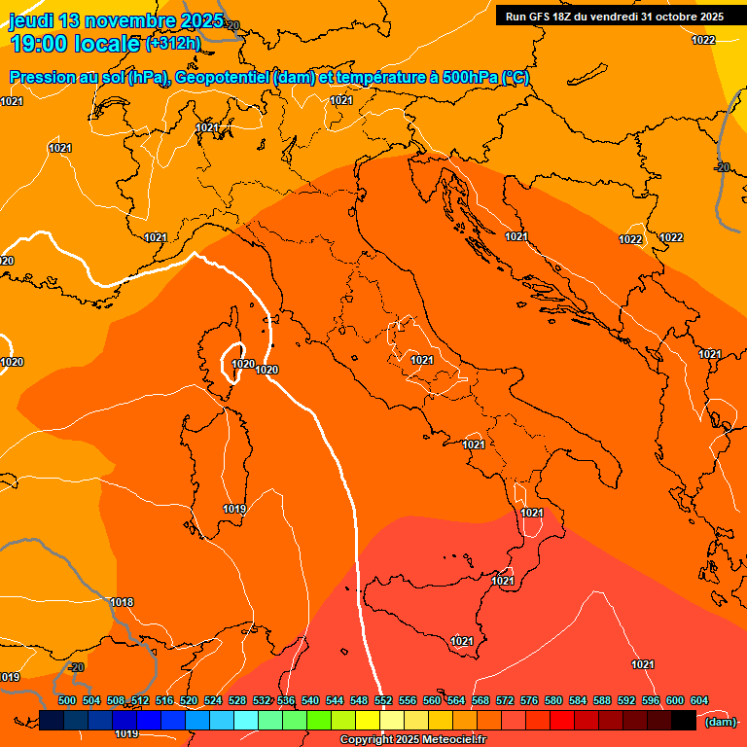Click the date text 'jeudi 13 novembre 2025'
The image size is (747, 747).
(115, 20)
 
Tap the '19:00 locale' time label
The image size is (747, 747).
(76, 43)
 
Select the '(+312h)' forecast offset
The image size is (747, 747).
(173, 43)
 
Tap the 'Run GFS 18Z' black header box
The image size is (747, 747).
(615, 17)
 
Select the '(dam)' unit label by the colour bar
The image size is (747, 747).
(720, 721)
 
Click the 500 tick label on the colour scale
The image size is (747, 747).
(67, 700)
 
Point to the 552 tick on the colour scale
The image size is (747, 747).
(383, 700)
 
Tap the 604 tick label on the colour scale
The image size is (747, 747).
(699, 700)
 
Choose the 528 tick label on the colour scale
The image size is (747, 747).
(237, 700)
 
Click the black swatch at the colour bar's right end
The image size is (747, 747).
(684, 720)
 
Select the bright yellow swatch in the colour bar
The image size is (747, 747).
(368, 720)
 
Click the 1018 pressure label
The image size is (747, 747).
(122, 603)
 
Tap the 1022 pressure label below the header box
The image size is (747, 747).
(703, 40)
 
